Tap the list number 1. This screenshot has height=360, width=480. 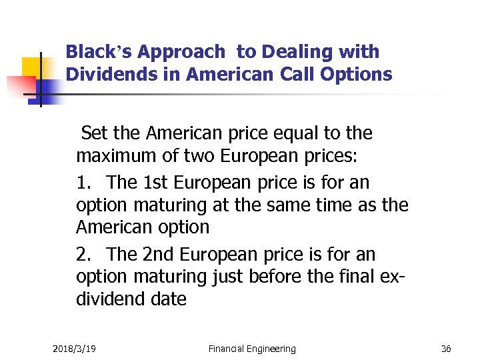(84, 182)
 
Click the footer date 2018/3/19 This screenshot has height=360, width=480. (74, 349)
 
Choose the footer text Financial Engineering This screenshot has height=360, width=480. (252, 349)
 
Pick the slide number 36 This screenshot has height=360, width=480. (446, 349)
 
